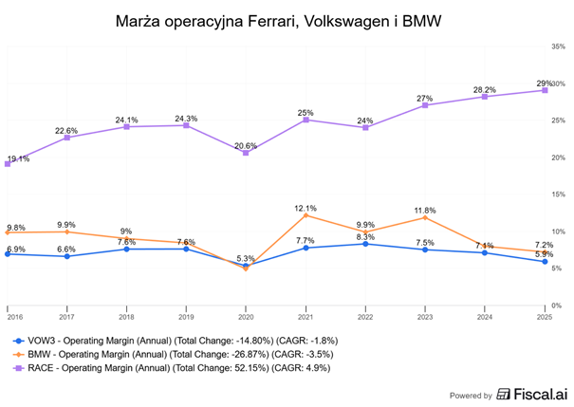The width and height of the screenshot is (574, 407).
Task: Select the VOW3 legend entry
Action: (176, 339)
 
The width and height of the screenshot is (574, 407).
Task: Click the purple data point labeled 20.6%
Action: (246, 153)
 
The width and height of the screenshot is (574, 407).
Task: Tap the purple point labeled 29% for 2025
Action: (545, 90)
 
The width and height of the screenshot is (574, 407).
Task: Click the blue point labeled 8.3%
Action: (365, 244)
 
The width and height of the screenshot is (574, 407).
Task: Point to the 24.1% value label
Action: (126, 120)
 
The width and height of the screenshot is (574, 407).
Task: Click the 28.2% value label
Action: (485, 89)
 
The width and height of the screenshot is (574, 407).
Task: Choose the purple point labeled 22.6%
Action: (66, 138)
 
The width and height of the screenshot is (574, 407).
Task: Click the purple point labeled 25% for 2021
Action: (306, 120)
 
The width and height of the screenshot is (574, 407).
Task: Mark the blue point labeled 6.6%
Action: (66, 256)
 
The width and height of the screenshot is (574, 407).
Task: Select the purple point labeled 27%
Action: (425, 105)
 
